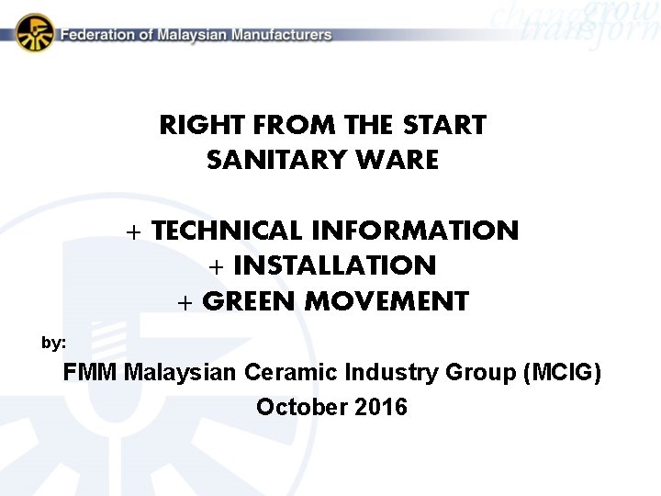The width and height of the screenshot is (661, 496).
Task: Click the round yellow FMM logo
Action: click(x=35, y=33)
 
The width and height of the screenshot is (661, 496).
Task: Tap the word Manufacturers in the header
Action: click(x=282, y=35)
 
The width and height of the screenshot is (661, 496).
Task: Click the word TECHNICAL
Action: click(x=227, y=231)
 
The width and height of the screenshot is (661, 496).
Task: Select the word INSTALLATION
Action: click(x=334, y=266)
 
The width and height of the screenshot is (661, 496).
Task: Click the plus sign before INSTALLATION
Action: click(x=217, y=267)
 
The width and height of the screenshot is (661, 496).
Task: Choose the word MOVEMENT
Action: click(x=395, y=301)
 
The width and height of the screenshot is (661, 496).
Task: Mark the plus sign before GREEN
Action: click(x=185, y=302)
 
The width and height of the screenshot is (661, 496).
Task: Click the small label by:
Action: click(x=53, y=343)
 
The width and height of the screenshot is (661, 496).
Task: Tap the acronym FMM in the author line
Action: click(x=90, y=373)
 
